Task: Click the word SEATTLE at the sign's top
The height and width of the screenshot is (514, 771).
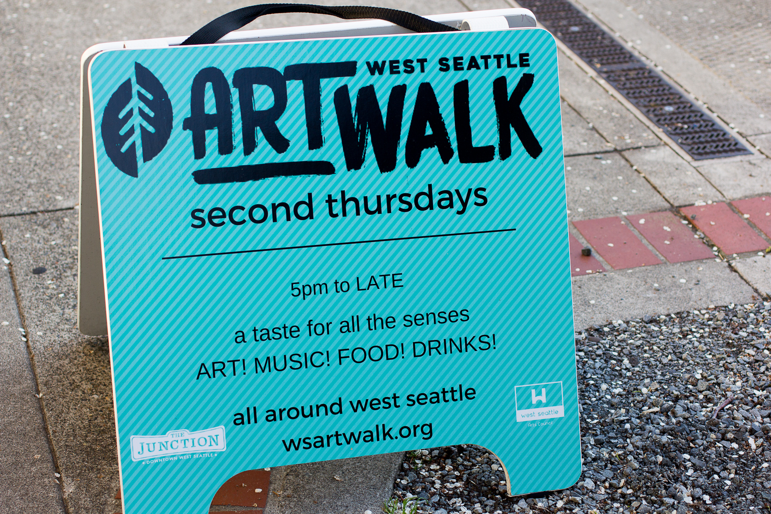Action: [x=484, y=62]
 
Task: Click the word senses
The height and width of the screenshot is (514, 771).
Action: [x=436, y=318]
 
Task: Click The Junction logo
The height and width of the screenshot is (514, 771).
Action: [x=178, y=445]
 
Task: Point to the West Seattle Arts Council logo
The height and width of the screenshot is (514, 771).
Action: [x=539, y=404]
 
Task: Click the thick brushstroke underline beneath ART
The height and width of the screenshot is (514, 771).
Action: [x=264, y=171]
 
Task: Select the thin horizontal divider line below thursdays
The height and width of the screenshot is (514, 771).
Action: [x=339, y=244]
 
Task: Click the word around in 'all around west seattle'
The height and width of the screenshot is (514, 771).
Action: [x=304, y=410]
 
